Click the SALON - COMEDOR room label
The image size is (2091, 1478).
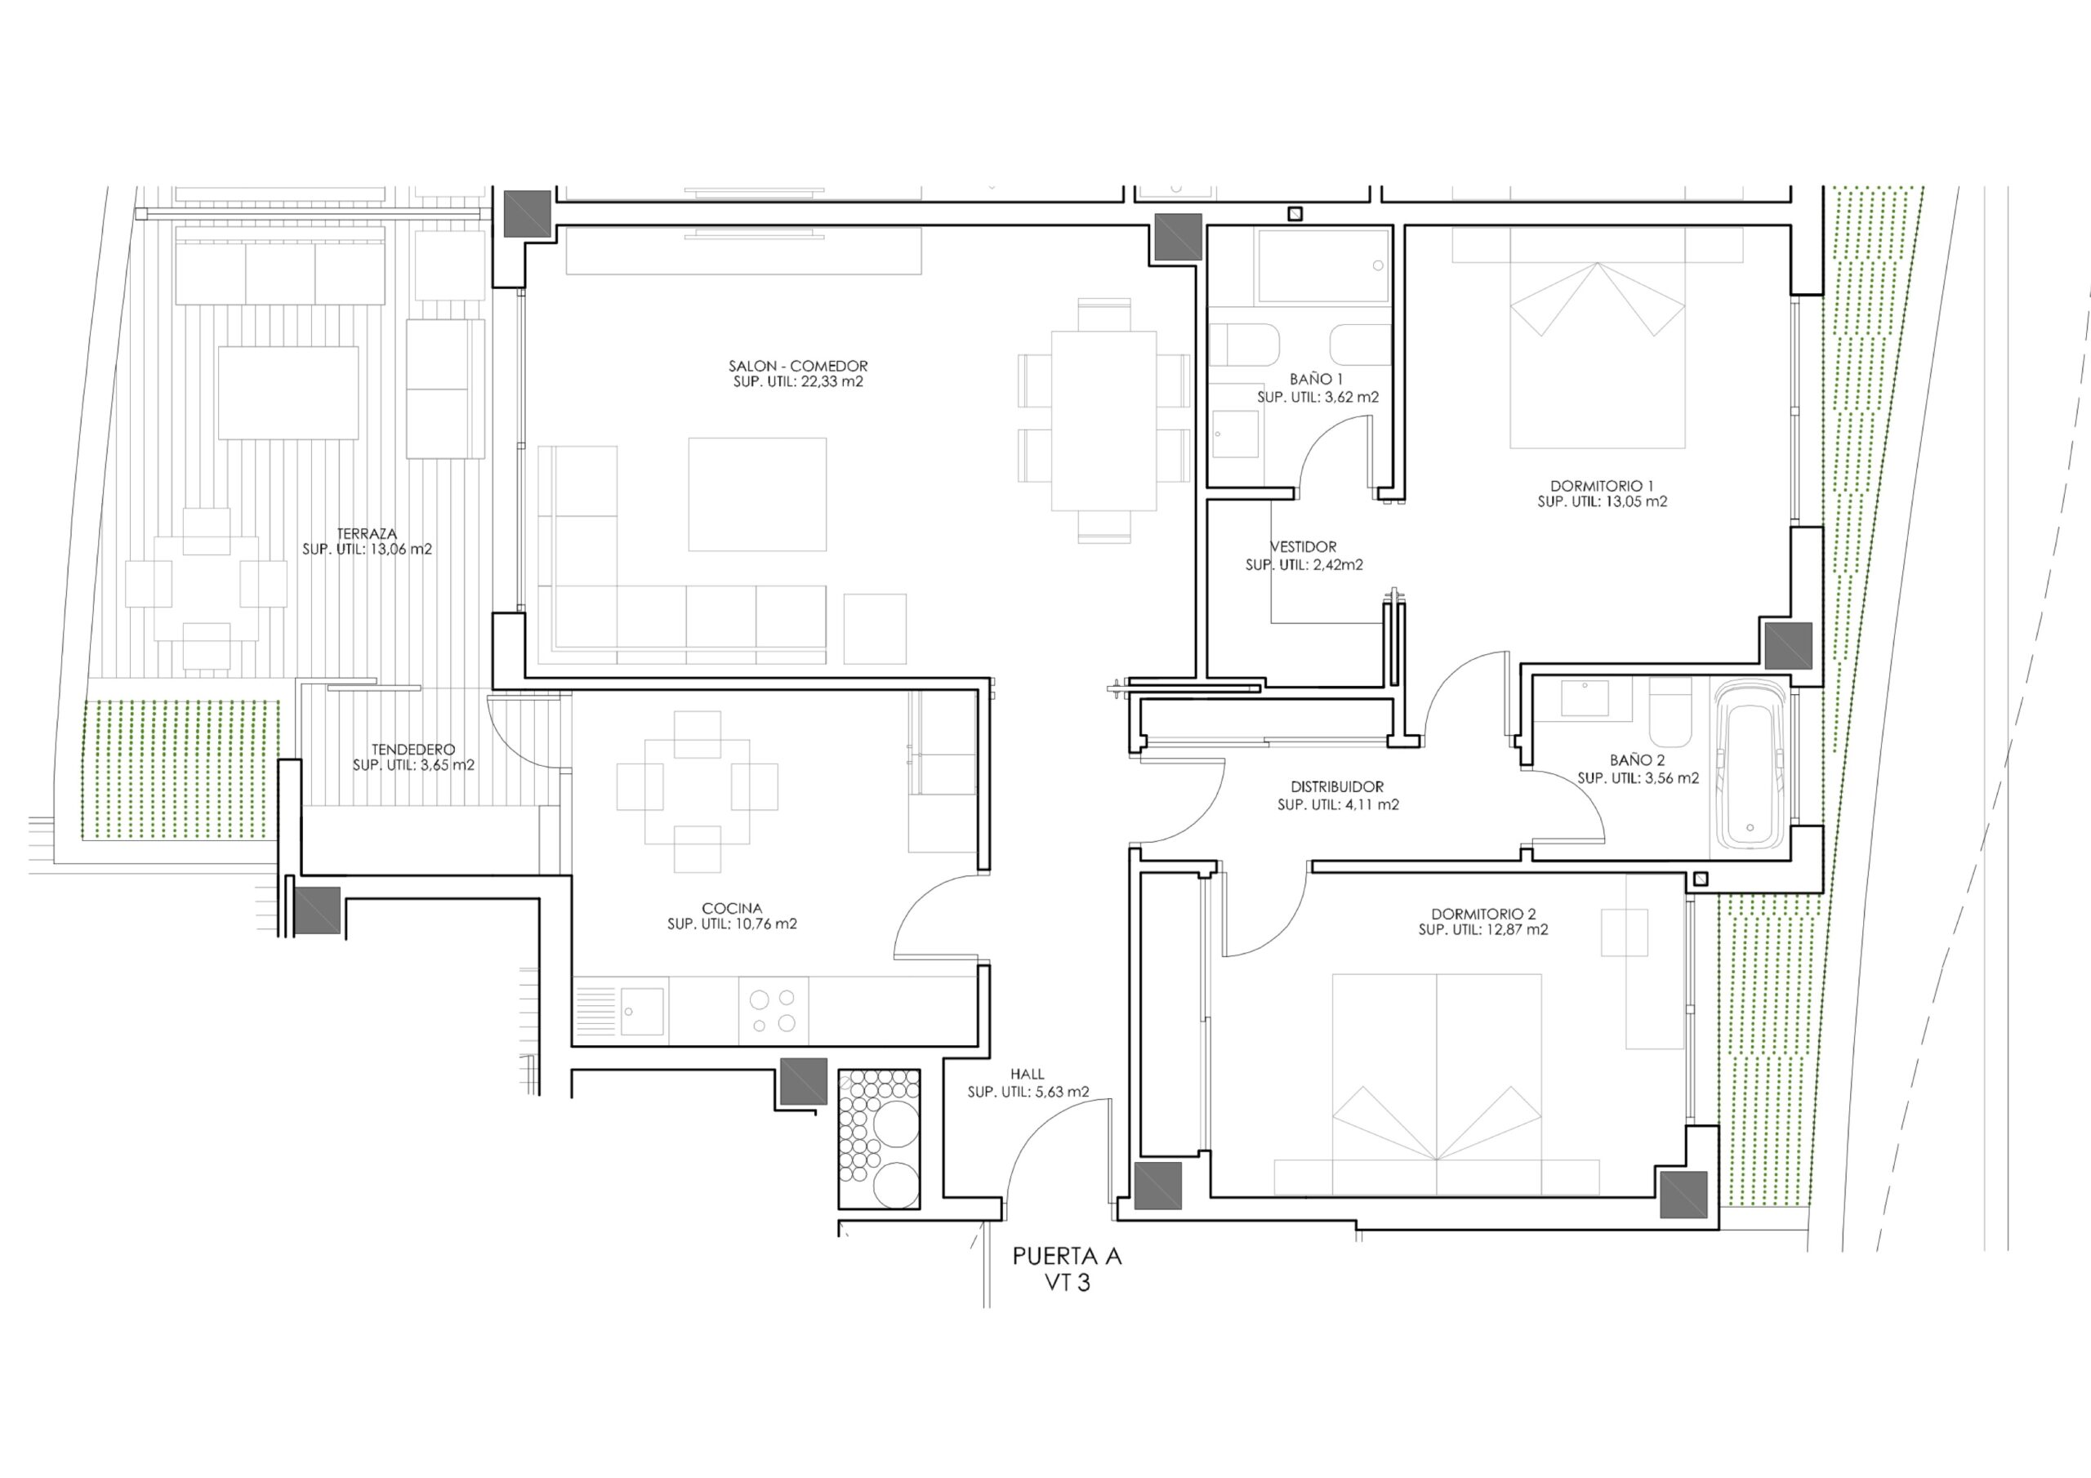click(798, 366)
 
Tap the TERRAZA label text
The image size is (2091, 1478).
click(367, 534)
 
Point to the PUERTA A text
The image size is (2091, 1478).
click(1068, 1257)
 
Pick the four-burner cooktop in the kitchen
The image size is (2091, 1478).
click(773, 1011)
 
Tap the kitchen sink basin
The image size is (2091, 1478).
click(642, 1011)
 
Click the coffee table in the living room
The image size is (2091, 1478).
click(757, 495)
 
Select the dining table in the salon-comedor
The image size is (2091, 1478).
click(1103, 420)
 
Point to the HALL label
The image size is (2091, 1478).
click(1028, 1075)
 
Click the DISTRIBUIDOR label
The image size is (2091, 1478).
click(1337, 787)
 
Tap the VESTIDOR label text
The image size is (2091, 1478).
click(1304, 547)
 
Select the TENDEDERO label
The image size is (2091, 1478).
click(413, 750)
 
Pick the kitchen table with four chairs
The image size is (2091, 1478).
click(697, 792)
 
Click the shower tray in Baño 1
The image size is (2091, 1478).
click(1322, 266)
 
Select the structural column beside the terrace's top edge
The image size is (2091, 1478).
click(528, 214)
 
